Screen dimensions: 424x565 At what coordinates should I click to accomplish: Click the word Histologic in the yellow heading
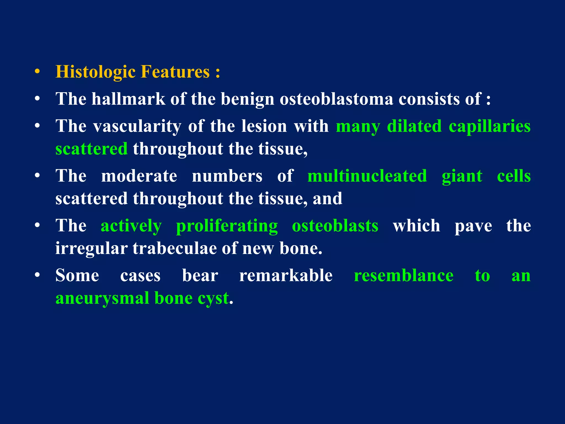(95, 72)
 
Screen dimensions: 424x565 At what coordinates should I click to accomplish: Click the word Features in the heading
(175, 72)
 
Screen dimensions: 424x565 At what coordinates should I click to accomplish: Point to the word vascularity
(137, 126)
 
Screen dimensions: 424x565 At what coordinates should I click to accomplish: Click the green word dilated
(414, 126)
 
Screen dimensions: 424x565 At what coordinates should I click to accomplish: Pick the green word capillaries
(489, 126)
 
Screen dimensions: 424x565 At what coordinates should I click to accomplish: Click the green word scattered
(91, 149)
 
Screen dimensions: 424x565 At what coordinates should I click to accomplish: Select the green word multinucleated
(367, 176)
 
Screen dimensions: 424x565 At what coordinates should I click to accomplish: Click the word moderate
(139, 176)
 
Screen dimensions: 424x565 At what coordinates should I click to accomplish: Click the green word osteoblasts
(335, 226)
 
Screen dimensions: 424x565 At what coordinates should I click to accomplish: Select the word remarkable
(286, 275)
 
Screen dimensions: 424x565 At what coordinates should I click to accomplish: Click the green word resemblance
(403, 275)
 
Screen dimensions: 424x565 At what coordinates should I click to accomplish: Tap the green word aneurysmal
(102, 298)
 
